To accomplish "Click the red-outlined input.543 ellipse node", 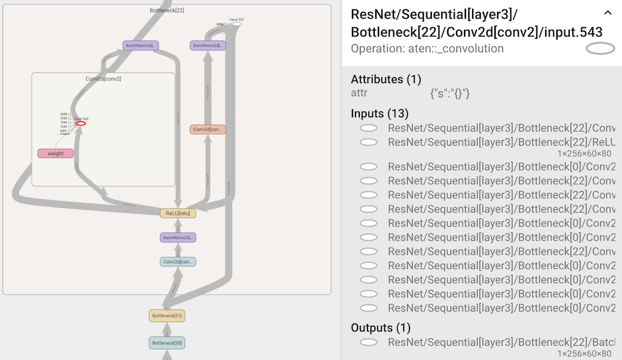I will (81, 123).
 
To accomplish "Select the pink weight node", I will (56, 154).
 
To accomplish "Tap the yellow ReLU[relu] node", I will (178, 213).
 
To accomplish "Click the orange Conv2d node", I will (208, 130).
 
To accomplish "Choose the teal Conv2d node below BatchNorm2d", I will (178, 262).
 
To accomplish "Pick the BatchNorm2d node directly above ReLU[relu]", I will (178, 237).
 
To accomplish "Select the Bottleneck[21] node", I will (167, 316).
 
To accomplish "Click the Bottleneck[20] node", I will (167, 343).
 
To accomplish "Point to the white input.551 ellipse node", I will (237, 24).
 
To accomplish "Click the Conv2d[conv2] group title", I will (103, 79).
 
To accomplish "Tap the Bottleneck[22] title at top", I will (167, 11).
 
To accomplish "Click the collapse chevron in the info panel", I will (607, 13).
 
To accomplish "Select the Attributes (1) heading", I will (386, 79).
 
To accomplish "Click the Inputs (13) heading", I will (380, 113).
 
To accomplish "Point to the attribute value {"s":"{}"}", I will (450, 94).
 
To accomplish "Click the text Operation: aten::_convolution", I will (427, 48).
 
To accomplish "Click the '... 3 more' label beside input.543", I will (65, 134).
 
